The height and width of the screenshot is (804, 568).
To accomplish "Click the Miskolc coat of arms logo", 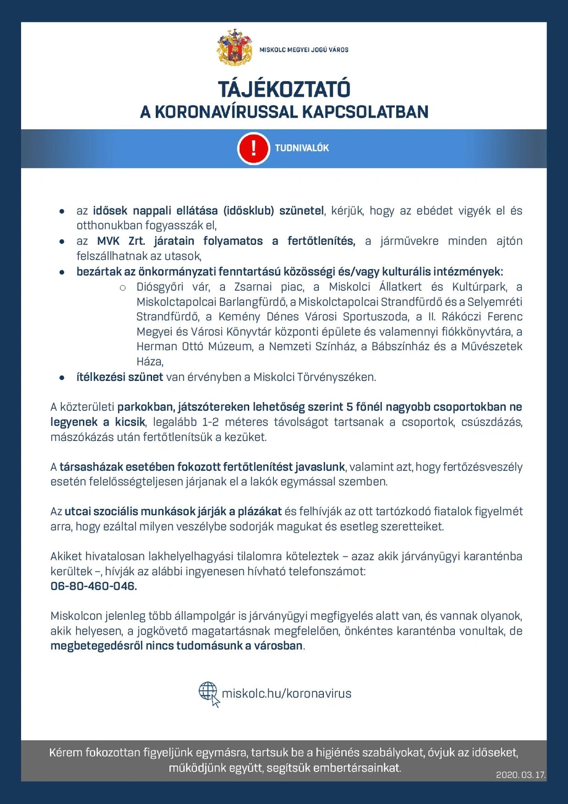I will [234, 48].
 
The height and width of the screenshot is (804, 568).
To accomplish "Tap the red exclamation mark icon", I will [253, 148].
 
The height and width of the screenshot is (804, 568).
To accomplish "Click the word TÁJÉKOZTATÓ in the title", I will [284, 89].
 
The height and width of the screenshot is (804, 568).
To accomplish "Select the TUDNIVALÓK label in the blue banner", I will [302, 148].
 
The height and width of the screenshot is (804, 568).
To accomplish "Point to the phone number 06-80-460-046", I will [93, 586].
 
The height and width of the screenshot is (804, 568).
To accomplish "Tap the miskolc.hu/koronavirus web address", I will [286, 693].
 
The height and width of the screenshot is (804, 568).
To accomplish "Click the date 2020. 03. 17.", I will [520, 774].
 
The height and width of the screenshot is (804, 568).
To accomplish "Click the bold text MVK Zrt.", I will [117, 241].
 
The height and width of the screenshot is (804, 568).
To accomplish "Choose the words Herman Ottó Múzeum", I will [194, 347].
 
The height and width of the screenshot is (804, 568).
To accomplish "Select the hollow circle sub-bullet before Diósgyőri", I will [122, 288].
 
